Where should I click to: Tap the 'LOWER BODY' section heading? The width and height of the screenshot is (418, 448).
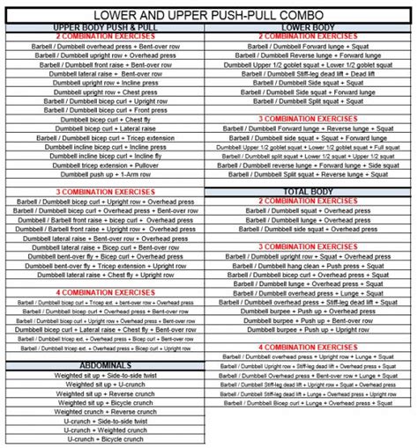309,28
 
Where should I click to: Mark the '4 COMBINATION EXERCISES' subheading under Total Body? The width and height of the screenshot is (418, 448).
309,347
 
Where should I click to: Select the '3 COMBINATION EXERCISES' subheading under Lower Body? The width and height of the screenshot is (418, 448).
309,117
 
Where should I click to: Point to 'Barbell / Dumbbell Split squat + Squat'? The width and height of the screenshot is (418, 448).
309,102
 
